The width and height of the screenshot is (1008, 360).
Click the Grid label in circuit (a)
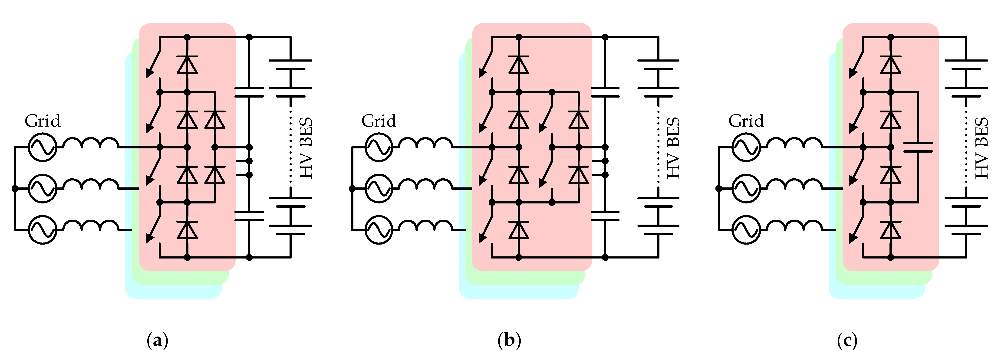43,121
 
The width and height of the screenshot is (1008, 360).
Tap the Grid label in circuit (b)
379,121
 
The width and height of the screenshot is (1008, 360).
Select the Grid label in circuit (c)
746,121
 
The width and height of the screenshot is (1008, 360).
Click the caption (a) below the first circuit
157,340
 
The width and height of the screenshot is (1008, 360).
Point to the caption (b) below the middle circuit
509,340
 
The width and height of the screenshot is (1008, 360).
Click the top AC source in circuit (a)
43,147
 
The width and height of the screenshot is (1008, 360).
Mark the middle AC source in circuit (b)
379,189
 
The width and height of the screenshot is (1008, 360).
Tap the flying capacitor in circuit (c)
918,147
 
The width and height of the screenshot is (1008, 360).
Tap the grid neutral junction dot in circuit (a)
15,189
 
